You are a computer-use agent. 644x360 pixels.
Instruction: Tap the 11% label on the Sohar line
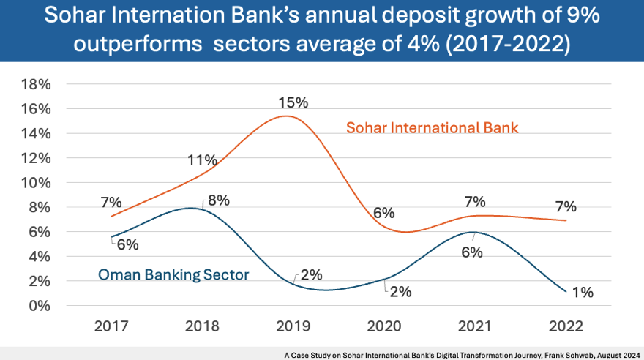[x=202, y=160]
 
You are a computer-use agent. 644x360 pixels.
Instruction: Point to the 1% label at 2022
[x=582, y=292]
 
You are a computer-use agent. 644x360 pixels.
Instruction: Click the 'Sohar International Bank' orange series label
[x=432, y=128]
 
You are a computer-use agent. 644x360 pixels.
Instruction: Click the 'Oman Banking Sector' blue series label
[x=173, y=275]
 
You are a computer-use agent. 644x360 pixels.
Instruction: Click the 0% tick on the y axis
[x=40, y=306]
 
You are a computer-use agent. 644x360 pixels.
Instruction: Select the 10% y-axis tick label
[x=36, y=183]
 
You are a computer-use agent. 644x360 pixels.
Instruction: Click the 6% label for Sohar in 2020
[x=383, y=213]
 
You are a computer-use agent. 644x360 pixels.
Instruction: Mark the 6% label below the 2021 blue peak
[x=471, y=253]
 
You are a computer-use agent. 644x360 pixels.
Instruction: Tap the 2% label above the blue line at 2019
[x=311, y=275]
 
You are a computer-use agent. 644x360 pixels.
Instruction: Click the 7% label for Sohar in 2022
[x=565, y=206]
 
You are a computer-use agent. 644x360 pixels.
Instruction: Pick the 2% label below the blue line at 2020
[x=400, y=291]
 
